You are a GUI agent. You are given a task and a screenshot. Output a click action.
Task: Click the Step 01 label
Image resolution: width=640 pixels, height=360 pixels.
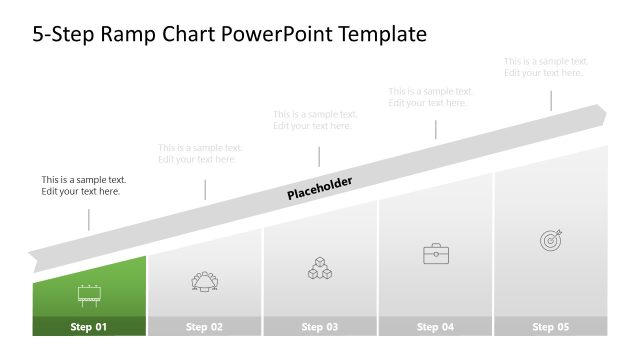[x=89, y=327]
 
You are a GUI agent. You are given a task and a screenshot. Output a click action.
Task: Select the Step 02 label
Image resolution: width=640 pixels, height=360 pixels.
[x=204, y=327]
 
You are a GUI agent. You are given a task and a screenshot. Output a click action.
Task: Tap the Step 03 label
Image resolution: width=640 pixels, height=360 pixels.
[x=320, y=327]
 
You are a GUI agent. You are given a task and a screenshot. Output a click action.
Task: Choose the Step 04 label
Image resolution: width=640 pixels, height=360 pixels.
[x=435, y=327]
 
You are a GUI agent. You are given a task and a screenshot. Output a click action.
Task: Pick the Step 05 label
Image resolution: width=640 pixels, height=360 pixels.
[x=550, y=327]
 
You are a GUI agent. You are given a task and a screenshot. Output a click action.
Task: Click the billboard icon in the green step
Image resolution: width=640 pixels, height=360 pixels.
[x=89, y=294]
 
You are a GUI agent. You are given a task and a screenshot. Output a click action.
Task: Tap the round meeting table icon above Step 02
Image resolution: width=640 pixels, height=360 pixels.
[x=205, y=281]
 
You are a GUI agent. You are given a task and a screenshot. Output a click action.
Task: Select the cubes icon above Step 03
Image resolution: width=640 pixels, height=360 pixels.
[x=320, y=268]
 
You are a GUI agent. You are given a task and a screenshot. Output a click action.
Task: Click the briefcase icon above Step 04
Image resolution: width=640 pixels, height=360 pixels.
[x=436, y=254]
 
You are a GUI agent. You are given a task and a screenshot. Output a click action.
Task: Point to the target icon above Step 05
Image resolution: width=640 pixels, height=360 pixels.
[x=551, y=240]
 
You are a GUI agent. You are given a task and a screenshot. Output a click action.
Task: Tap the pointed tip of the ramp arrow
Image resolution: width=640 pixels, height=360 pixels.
[x=603, y=114]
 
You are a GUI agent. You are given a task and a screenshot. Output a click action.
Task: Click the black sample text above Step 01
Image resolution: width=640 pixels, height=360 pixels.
[x=84, y=186]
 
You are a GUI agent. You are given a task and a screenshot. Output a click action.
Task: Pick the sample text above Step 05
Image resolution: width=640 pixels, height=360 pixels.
[x=544, y=67]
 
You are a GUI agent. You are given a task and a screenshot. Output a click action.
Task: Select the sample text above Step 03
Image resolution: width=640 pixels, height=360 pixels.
[x=315, y=120]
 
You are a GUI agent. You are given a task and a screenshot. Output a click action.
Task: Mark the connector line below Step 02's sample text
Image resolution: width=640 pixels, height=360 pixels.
[x=205, y=189]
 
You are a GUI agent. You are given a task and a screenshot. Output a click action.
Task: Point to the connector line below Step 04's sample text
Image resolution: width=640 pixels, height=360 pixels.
[x=435, y=129]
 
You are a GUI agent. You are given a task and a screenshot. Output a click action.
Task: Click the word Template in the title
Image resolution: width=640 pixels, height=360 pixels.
[x=384, y=35]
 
